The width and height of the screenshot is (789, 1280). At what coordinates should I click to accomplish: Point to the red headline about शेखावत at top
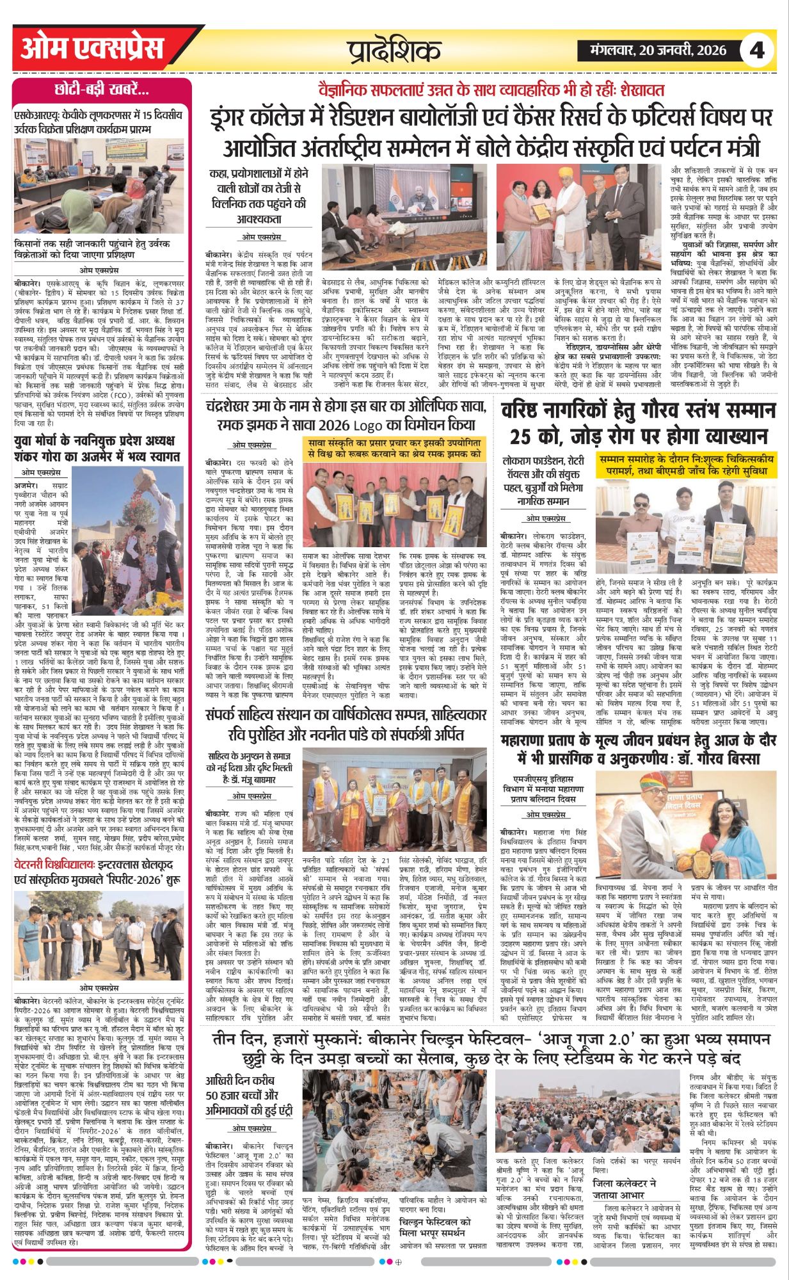coord(491,90)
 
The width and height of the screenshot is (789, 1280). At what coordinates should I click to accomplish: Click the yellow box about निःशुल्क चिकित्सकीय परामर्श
coord(685,465)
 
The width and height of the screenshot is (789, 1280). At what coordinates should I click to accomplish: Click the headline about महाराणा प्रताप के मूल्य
coord(638,749)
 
